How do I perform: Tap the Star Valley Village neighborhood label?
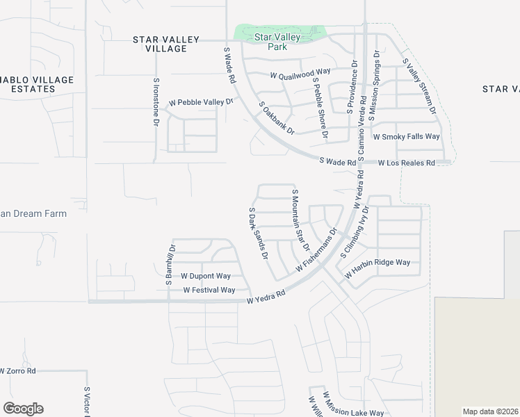pos(166,44)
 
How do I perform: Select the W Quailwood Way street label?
pos(300,74)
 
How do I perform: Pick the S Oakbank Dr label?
pos(277,118)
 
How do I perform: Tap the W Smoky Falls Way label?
pos(407,137)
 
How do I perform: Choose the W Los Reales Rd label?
pos(406,163)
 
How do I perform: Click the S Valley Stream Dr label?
pos(420,86)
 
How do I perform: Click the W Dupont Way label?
pos(205,276)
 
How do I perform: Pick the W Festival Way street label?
pos(209,290)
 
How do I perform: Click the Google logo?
pos(23,409)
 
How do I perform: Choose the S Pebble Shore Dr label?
pos(320,108)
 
